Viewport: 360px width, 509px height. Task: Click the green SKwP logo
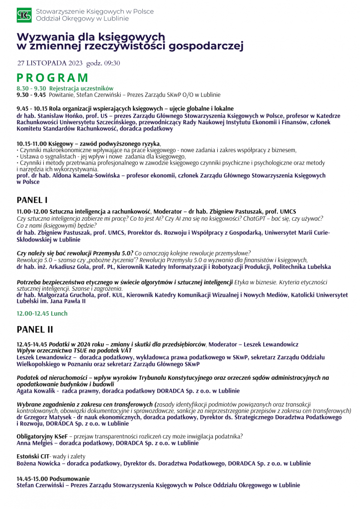tap(24, 15)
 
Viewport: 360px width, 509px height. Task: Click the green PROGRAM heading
tap(52, 78)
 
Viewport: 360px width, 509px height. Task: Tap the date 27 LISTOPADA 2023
tap(50, 63)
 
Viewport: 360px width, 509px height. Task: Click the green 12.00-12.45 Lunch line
tap(42, 314)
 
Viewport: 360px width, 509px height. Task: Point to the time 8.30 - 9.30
tap(31, 88)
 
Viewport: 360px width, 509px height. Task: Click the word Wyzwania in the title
tap(45, 37)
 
